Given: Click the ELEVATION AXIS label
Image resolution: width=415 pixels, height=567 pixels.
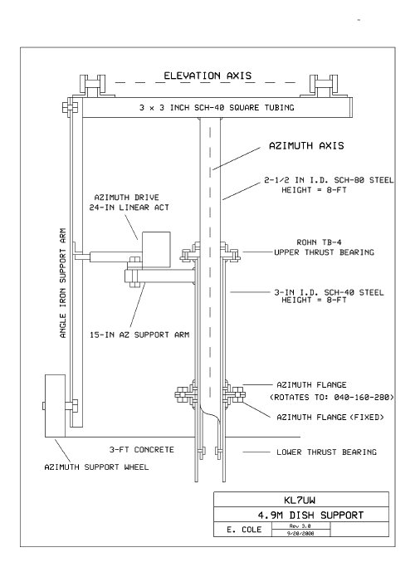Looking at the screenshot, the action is tap(207, 76).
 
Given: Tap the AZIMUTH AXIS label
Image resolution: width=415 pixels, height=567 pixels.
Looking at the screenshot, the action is tap(306, 146).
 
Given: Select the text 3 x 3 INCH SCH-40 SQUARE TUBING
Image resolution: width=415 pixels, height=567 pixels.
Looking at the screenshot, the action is tap(217, 107).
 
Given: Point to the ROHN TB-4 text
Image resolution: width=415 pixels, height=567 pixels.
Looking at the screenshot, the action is tap(319, 242).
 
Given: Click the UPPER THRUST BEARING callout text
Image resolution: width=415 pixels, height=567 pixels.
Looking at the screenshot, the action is tap(324, 252).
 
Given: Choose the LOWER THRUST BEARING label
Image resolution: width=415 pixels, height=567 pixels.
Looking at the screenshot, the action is tap(326, 452).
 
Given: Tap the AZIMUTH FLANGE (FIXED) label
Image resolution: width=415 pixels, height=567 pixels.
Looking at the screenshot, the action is tap(330, 417).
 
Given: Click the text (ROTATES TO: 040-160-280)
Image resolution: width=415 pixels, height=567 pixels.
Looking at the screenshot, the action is tap(332, 397).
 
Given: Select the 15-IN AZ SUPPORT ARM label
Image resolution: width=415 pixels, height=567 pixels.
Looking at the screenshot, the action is tap(139, 335).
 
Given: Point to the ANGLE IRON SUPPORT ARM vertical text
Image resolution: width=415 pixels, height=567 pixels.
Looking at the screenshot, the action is tap(63, 283).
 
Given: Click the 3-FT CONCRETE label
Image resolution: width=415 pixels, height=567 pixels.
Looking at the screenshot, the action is tap(142, 449).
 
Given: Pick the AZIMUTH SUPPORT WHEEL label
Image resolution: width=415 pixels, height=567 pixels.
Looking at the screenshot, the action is tap(96, 467).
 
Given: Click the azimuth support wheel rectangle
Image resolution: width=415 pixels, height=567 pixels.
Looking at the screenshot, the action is tap(55, 406).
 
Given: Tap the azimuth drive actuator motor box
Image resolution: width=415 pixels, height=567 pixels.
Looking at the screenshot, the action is tap(156, 250).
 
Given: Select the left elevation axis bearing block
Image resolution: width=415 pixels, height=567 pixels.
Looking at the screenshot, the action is tap(92, 86).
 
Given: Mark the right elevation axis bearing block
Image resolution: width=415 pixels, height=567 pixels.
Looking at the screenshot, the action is tap(325, 86).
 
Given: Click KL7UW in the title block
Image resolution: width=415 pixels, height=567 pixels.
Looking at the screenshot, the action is tap(300, 500).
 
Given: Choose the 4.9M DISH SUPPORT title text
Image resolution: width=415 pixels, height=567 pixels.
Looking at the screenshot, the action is tap(310, 515).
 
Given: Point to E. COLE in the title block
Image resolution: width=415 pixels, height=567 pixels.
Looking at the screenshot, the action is tap(244, 530).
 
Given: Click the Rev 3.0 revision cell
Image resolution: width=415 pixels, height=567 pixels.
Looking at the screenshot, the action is tap(300, 525).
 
